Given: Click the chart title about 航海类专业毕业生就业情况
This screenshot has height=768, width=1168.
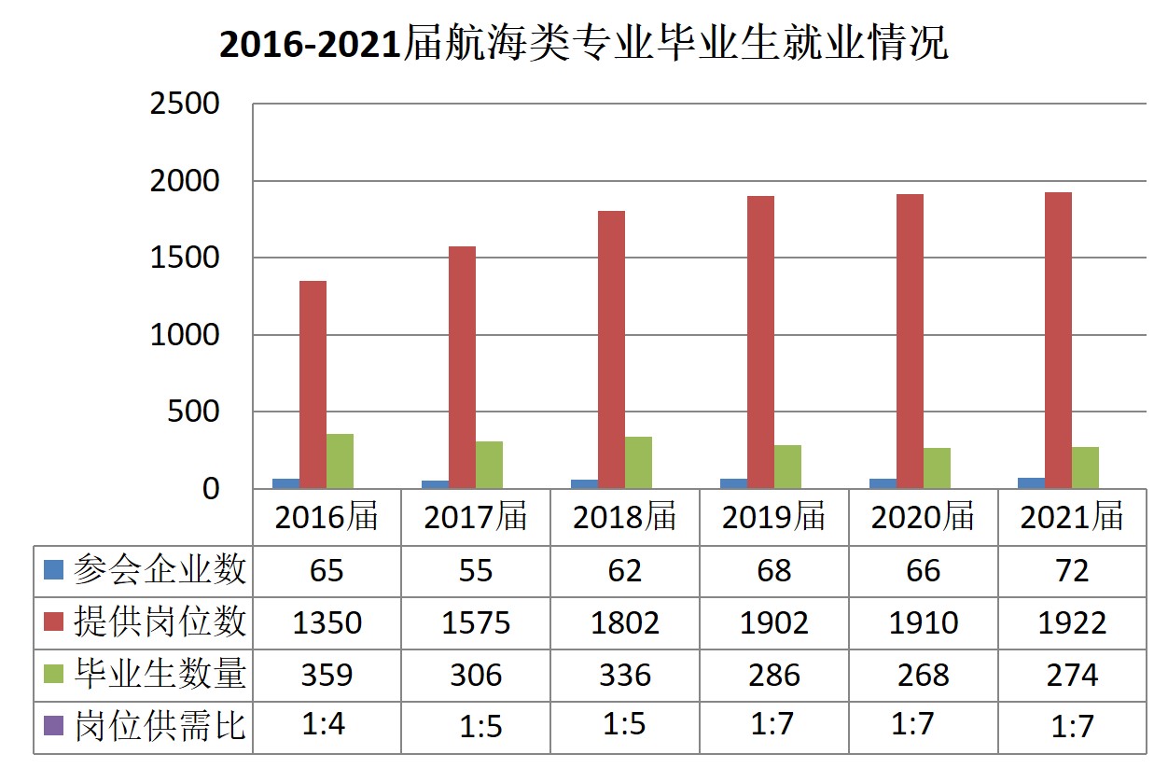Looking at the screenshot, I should pos(583,44).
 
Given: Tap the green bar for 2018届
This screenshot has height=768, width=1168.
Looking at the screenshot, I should pos(638,462).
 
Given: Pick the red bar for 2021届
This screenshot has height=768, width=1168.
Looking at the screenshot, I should pos(1058,341).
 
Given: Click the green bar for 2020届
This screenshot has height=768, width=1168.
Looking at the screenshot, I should pos(937,468).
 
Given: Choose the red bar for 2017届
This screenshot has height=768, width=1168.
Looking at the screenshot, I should pos(462,367).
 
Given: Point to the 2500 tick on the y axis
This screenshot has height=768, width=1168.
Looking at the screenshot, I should pos(185,104).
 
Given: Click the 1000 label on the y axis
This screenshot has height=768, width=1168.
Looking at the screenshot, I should pos(185,335).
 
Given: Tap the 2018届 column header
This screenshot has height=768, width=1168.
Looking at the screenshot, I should pos(624,517).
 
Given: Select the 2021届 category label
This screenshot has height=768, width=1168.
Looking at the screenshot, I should pos(1072,517).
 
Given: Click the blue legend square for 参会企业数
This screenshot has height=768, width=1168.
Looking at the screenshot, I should pos(53,568).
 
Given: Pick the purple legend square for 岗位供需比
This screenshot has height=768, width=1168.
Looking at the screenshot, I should pos(53,725).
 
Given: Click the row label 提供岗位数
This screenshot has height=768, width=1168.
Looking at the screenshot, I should pos(160,621).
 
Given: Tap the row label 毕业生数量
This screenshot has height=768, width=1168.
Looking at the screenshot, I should pos(160,674).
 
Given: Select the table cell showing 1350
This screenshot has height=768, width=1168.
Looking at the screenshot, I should pos(327,622).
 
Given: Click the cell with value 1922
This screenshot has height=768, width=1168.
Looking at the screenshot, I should pos(1072,622).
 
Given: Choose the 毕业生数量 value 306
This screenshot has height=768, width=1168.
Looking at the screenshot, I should pos(475,675).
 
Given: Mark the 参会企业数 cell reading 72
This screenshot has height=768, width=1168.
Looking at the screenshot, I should pos(1072,570).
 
